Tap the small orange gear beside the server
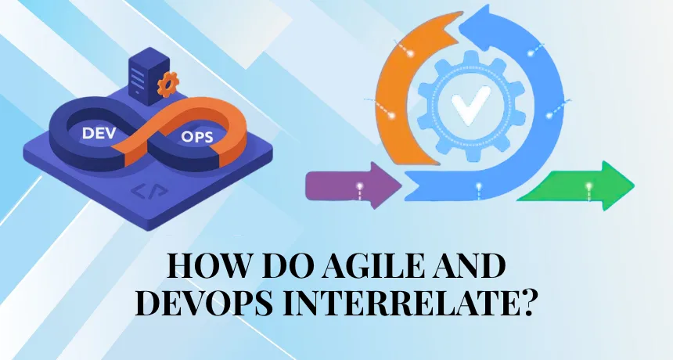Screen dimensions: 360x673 167,84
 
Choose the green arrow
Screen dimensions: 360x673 578,186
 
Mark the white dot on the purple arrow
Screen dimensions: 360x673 360,186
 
